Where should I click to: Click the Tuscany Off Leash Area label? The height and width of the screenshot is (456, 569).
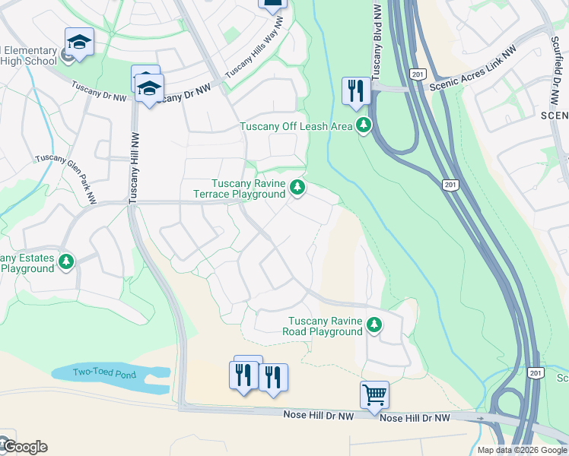(x=296, y=126)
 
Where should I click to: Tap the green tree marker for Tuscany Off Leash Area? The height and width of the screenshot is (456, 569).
(x=364, y=125)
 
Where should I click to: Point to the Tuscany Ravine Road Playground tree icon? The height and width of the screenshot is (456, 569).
(x=374, y=325)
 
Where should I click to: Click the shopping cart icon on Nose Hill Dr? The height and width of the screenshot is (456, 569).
(x=374, y=395)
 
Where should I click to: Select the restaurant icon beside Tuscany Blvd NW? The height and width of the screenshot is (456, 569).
(x=356, y=90)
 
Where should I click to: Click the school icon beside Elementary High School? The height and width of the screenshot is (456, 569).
(x=78, y=43)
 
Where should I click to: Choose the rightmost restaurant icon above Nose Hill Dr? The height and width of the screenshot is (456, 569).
(x=273, y=378)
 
